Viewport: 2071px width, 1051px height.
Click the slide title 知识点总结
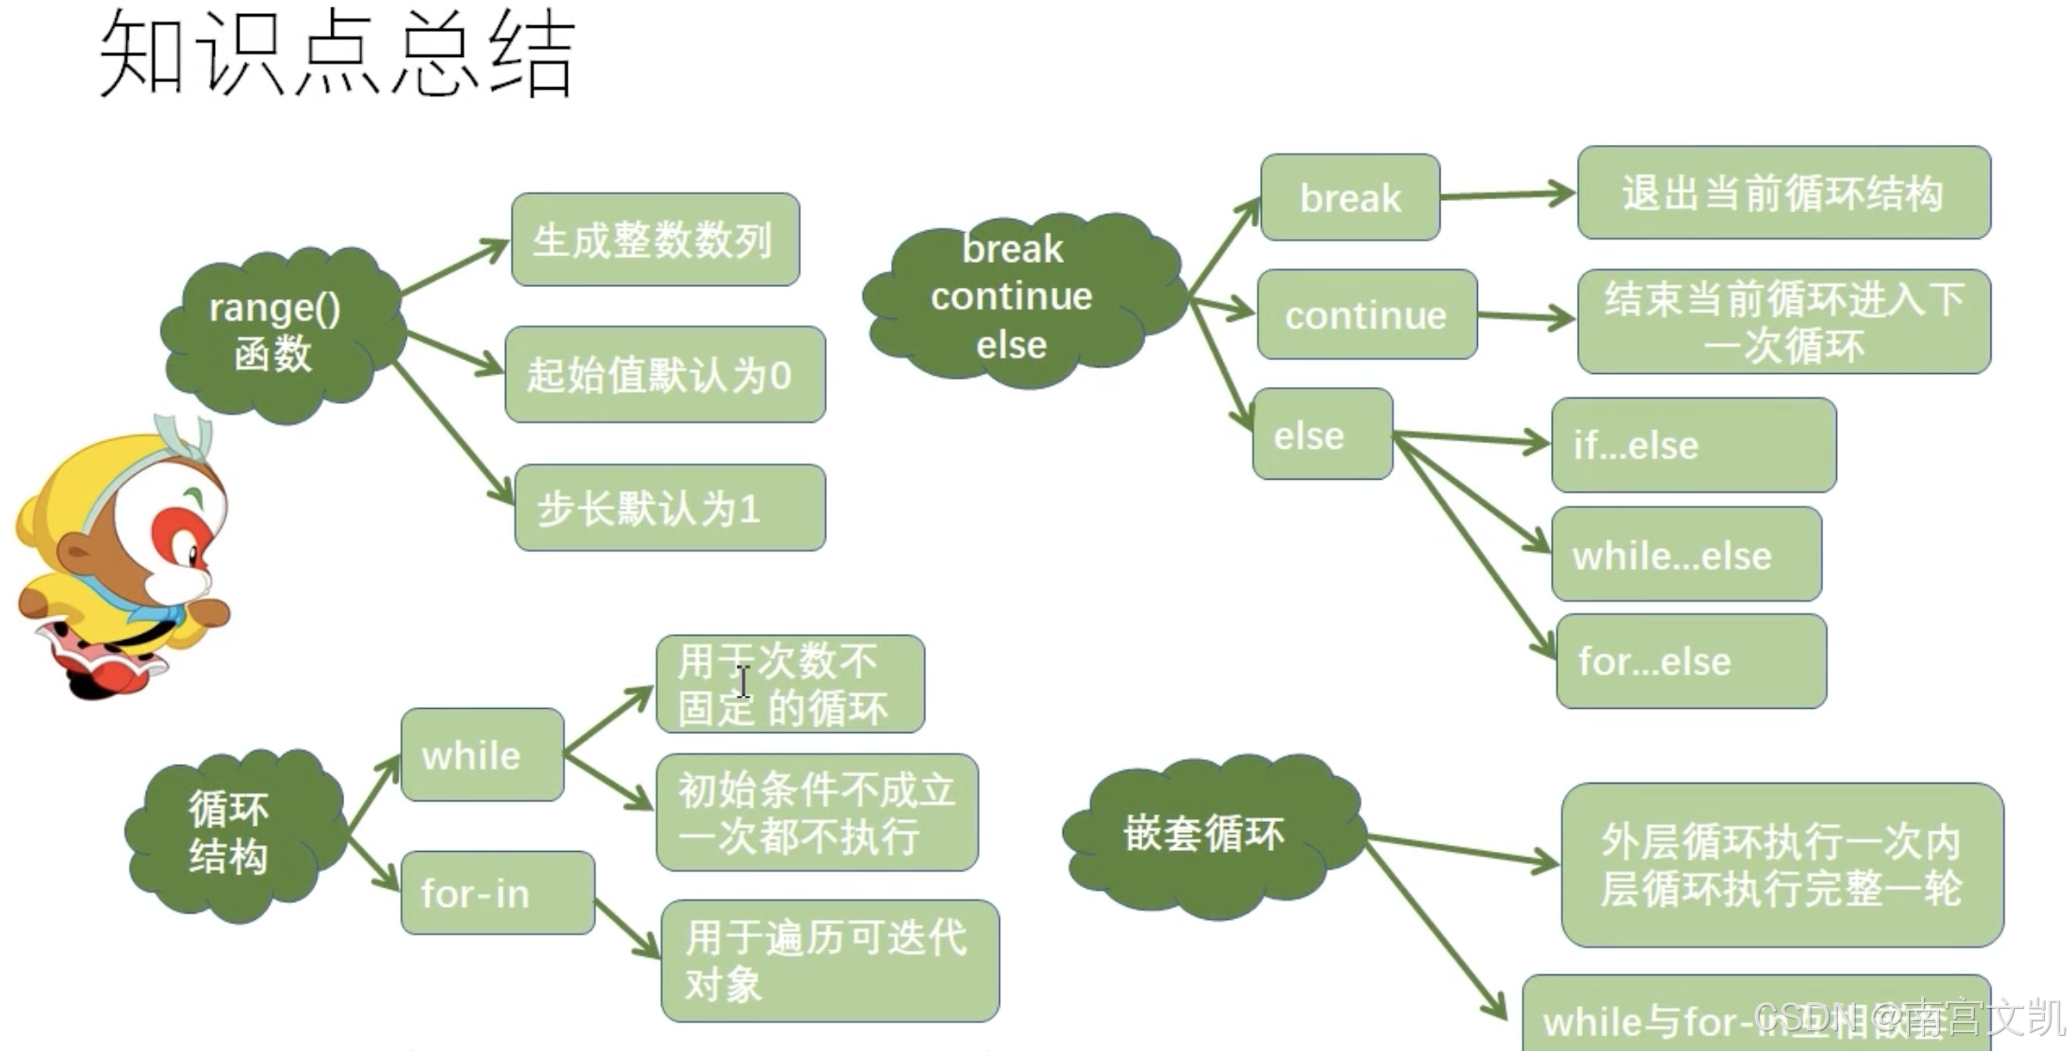click(x=337, y=54)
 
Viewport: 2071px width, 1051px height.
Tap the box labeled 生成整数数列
click(x=655, y=239)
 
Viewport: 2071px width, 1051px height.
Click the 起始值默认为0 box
click(x=664, y=374)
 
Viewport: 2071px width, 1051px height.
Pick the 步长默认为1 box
click(x=670, y=508)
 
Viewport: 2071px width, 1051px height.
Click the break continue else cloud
click(x=1015, y=297)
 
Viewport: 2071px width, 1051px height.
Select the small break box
click(x=1350, y=197)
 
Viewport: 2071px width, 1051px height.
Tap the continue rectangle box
click(x=1367, y=315)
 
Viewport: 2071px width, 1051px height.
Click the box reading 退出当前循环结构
click(x=1783, y=193)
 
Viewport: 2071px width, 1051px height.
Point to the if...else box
click(x=1693, y=445)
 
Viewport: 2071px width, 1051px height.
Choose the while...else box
click(x=1686, y=554)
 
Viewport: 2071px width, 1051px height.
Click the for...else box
click(x=1690, y=661)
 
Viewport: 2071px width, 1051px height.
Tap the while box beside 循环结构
click(x=482, y=755)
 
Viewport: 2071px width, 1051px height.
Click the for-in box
click(x=497, y=893)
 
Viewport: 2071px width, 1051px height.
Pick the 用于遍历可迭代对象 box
click(x=829, y=960)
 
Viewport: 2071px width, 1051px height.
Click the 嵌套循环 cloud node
click(x=1207, y=834)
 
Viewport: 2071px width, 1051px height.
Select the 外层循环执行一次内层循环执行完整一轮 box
click(x=1781, y=865)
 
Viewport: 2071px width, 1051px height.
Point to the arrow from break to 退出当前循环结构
click(x=1508, y=194)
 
